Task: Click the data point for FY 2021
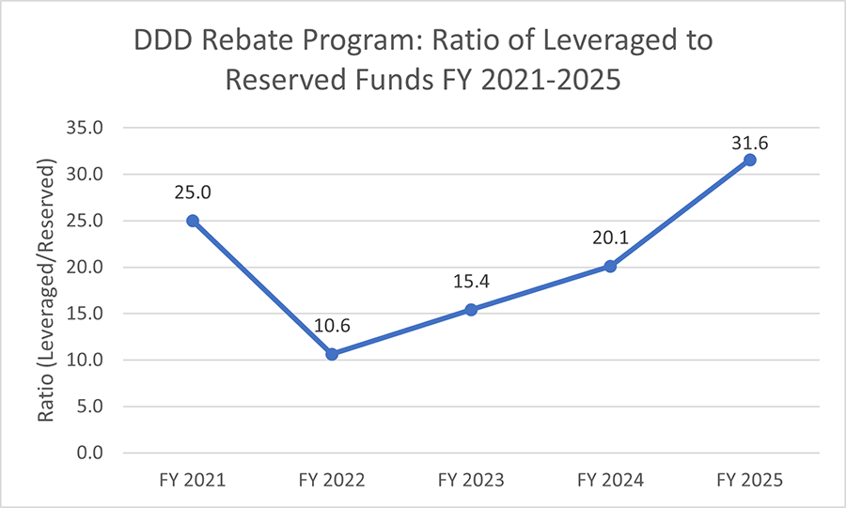click(x=193, y=221)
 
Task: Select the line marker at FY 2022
click(x=332, y=354)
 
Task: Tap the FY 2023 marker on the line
click(x=471, y=310)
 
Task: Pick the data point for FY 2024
click(x=610, y=266)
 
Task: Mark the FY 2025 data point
click(x=749, y=160)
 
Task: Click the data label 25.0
click(x=193, y=192)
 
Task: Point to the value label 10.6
click(x=332, y=326)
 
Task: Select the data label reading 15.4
click(x=471, y=282)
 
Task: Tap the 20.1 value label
click(x=610, y=239)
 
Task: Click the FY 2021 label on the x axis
click(x=193, y=480)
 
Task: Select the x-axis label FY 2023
click(x=471, y=480)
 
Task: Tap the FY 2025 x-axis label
click(x=749, y=480)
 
